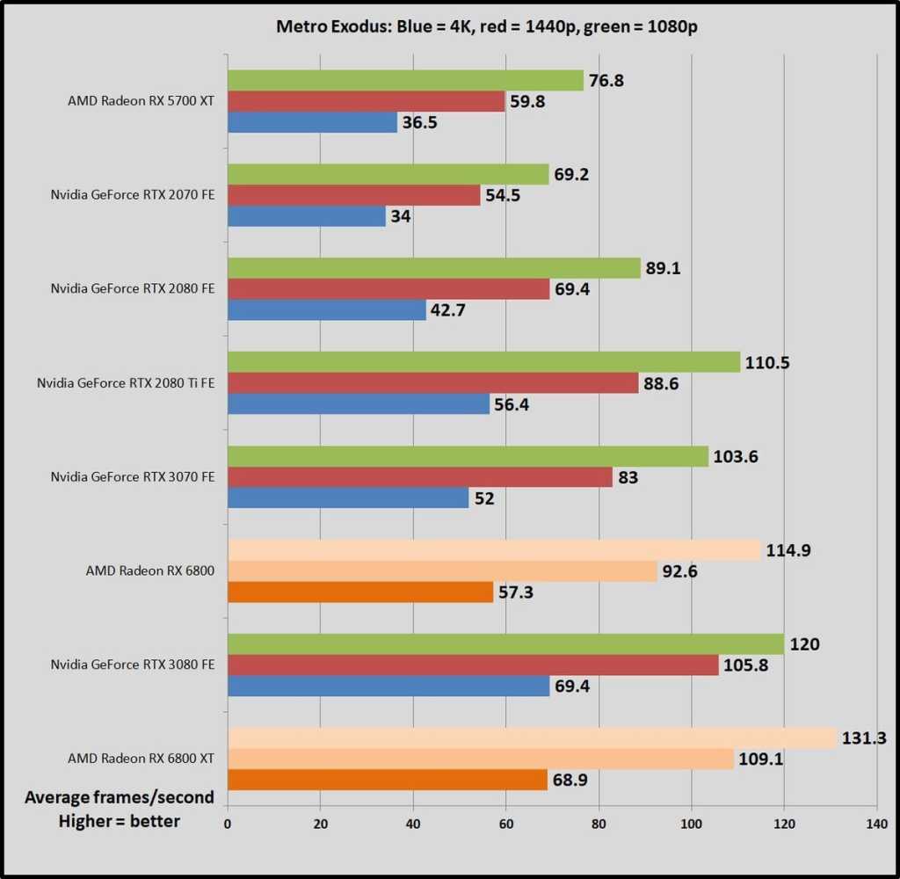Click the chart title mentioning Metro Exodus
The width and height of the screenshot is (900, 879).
click(449, 25)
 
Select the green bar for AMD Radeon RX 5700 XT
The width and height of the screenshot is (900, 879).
click(405, 81)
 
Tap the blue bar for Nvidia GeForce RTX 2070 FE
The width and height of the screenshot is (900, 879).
click(306, 216)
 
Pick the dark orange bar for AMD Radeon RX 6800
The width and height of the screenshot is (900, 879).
click(360, 592)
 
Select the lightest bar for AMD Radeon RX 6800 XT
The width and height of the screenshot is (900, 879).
click(532, 738)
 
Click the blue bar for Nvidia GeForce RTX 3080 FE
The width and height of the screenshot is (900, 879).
click(388, 686)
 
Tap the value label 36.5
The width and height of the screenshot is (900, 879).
click(419, 122)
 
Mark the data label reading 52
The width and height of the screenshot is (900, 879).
click(484, 498)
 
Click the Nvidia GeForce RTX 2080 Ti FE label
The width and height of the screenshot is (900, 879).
click(126, 383)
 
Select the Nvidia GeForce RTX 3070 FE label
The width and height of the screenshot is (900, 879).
click(132, 477)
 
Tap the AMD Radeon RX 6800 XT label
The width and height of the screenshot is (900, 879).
click(141, 759)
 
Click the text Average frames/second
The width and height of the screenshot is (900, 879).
click(120, 797)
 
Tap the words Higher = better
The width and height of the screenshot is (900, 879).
click(120, 821)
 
